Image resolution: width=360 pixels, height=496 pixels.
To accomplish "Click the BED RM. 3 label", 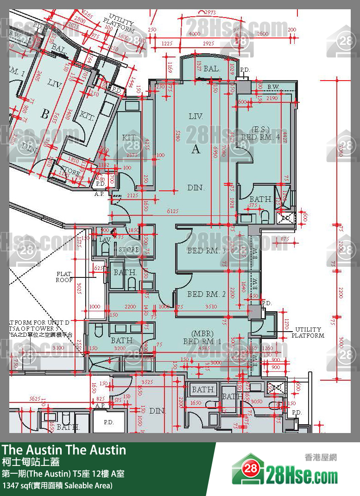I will click(206, 251).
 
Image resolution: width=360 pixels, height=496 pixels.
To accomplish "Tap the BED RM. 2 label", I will click(206, 295).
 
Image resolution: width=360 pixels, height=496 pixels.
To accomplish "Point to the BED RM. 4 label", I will click(260, 137).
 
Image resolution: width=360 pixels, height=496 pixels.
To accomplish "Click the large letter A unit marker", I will click(196, 149).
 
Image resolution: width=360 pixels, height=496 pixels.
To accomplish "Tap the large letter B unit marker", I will click(44, 114).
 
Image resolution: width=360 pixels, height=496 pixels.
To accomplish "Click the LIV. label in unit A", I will click(196, 117).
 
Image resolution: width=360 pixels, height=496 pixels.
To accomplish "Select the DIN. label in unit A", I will click(196, 188).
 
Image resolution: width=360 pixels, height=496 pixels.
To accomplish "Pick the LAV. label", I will click(104, 240).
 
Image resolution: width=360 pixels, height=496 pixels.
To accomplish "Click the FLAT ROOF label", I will click(64, 277).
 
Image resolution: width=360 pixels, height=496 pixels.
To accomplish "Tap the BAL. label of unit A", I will click(211, 69).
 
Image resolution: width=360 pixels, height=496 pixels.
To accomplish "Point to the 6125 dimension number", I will click(173, 211).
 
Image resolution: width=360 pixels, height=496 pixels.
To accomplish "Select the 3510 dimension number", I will click(211, 306).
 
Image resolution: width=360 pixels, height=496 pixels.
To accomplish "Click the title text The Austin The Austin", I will click(64, 450).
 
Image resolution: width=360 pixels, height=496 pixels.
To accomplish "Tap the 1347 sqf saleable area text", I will click(57, 486).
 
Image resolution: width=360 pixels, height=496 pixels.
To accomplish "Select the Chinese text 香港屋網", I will click(321, 457).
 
